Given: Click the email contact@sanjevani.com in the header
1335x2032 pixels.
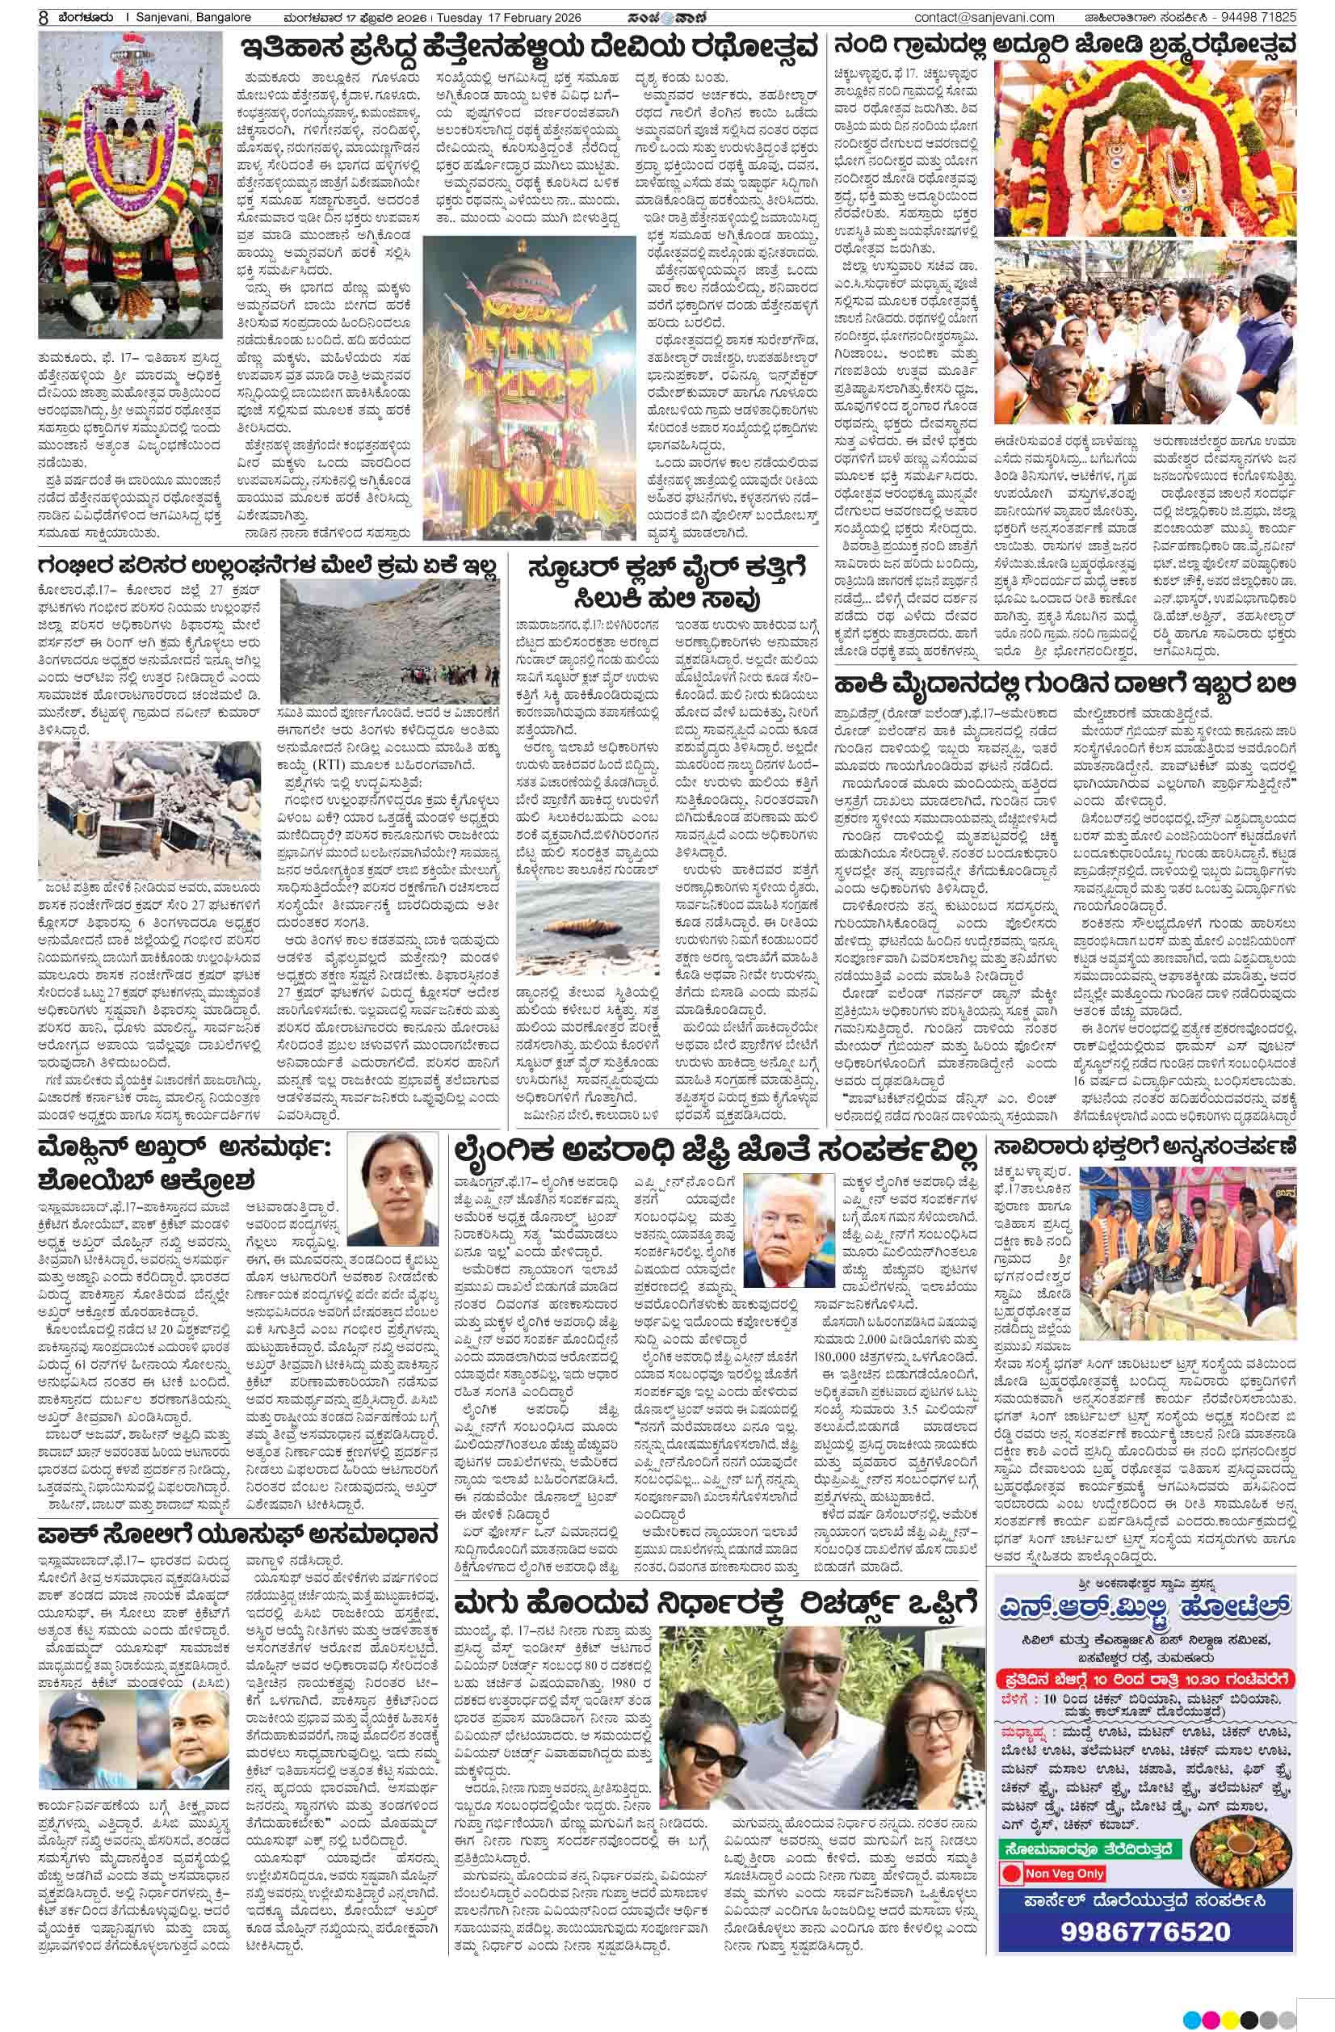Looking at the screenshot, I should [x=984, y=17].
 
